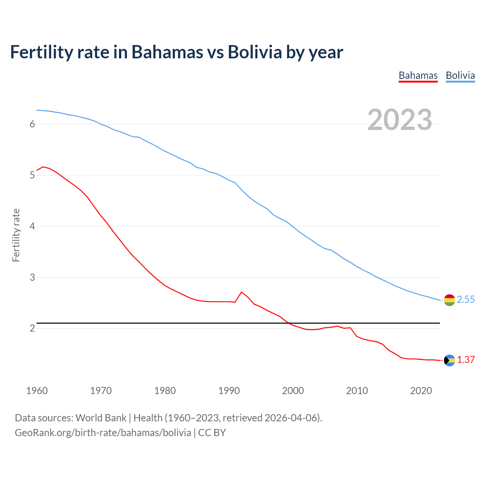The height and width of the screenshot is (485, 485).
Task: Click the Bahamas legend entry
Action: [x=418, y=75]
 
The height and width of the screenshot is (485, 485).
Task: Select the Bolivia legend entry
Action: [x=460, y=75]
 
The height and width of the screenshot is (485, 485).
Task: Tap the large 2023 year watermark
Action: [x=400, y=120]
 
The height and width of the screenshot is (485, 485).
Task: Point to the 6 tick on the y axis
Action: [x=32, y=124]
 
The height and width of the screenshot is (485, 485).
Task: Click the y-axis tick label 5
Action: [x=32, y=175]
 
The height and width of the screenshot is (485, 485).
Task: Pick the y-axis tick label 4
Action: [x=32, y=226]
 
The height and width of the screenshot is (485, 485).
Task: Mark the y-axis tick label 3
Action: [x=32, y=277]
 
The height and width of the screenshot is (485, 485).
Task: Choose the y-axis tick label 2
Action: [x=32, y=328]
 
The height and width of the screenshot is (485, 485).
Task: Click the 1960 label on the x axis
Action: [x=37, y=391]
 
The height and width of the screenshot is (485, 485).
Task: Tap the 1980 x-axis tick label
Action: [x=165, y=391]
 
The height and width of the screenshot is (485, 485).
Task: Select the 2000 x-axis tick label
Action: [x=293, y=391]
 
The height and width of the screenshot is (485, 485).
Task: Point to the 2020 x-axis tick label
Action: [x=421, y=391]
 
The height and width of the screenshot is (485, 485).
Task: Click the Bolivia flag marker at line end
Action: [x=449, y=300]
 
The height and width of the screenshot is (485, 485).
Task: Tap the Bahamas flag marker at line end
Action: [x=449, y=360]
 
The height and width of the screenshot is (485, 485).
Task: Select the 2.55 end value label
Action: [x=466, y=300]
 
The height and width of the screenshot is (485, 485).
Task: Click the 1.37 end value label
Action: [x=466, y=360]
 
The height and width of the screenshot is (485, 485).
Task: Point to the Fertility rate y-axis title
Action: [x=16, y=235]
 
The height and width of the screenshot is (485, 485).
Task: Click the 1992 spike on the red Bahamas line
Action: [x=241, y=292]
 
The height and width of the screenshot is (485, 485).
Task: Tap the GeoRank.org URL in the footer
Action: [x=103, y=433]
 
